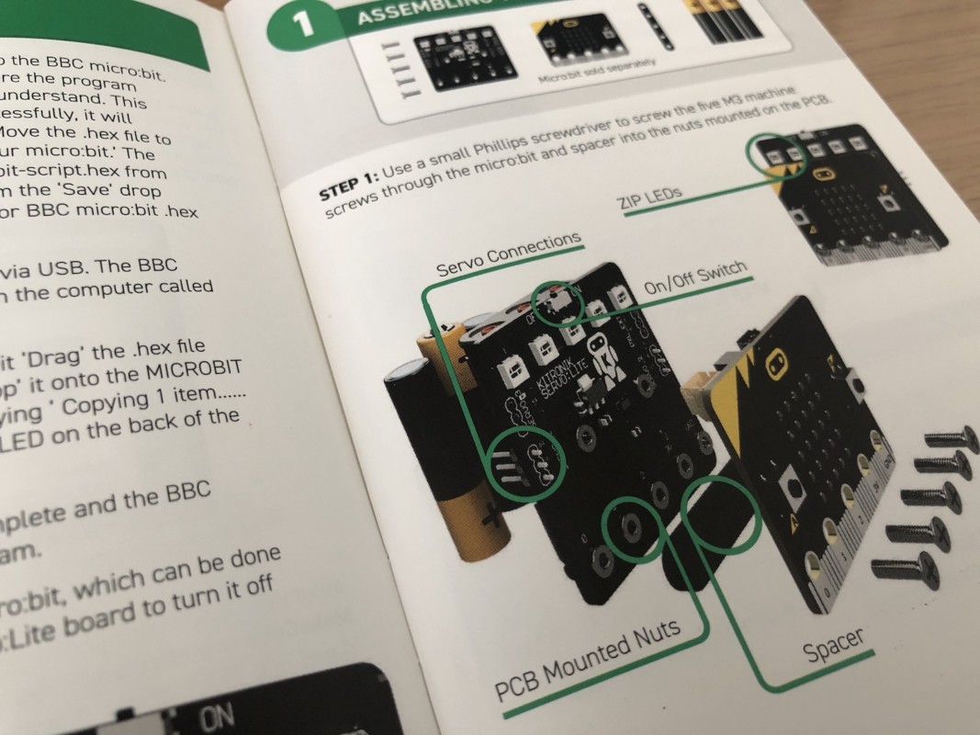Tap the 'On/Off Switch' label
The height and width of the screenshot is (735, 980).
[695, 278]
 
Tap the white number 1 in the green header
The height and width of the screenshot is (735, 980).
[304, 23]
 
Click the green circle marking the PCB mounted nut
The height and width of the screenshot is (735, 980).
[633, 530]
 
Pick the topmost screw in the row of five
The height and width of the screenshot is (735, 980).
[952, 438]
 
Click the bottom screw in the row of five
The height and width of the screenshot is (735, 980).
[905, 568]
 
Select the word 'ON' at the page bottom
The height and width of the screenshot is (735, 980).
[216, 717]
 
